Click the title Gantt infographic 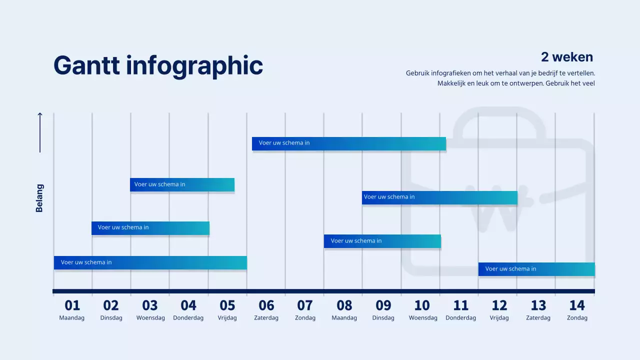click(x=158, y=65)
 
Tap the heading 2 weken click(x=566, y=57)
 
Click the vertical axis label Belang click(x=39, y=198)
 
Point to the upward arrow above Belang click(x=40, y=132)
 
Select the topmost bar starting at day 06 click(x=348, y=143)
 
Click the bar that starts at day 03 click(x=182, y=184)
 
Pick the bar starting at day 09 click(x=439, y=197)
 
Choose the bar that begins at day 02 click(x=150, y=228)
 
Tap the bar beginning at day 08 click(x=382, y=241)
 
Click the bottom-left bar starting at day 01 click(x=150, y=262)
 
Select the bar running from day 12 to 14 click(x=536, y=269)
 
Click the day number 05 click(x=227, y=305)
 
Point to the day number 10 click(x=422, y=305)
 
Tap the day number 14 click(x=576, y=305)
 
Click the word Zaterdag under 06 click(x=266, y=318)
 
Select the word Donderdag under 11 click(x=460, y=318)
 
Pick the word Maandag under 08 click(x=344, y=318)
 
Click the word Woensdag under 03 click(x=150, y=318)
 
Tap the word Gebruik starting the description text click(x=417, y=73)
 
